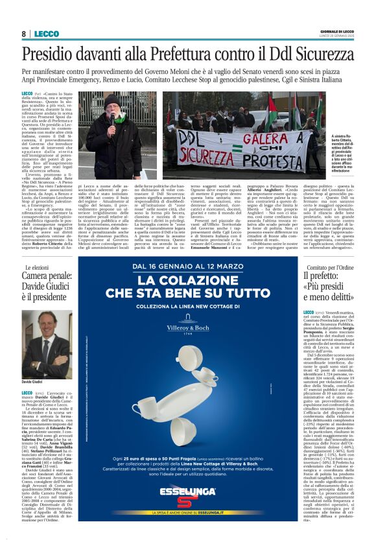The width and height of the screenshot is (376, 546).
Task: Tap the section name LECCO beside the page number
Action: click(47, 34)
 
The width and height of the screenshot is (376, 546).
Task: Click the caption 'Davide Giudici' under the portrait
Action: click(32, 382)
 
